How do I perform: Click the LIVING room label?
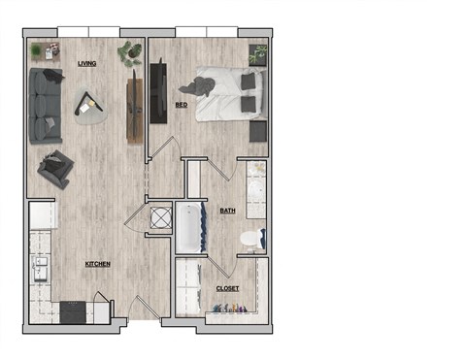(88, 63)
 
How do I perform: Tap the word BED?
(182, 104)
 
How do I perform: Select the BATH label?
(228, 210)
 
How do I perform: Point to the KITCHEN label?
(97, 263)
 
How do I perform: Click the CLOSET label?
(227, 289)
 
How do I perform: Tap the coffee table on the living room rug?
(91, 100)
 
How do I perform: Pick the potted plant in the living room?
(128, 53)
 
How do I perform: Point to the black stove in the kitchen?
(74, 311)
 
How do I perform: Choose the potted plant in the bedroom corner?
(258, 55)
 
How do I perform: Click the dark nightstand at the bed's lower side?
(258, 131)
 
